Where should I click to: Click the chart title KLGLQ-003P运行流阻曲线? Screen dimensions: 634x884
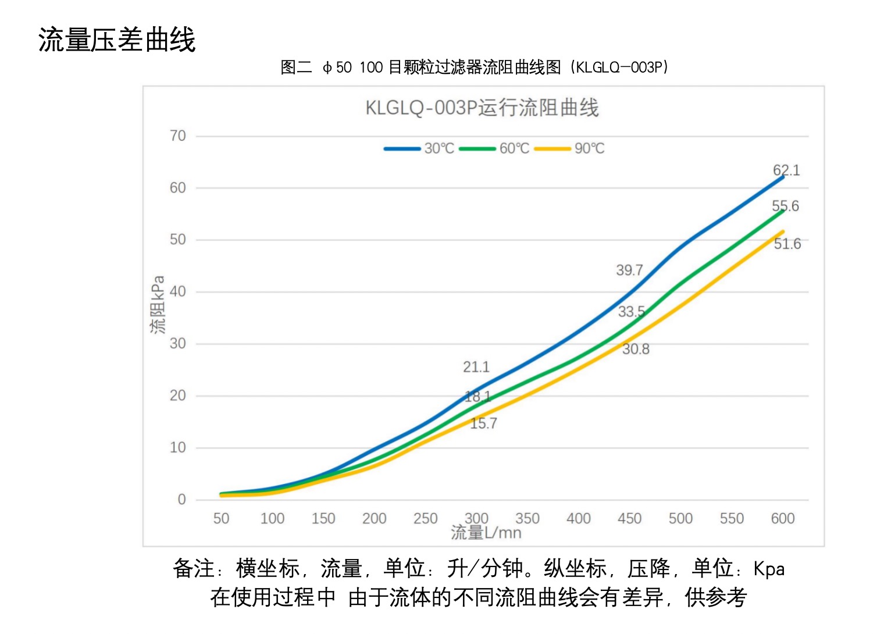click(x=482, y=108)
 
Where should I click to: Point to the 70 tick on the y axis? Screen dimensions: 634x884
click(x=178, y=136)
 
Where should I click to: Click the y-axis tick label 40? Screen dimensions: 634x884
click(x=178, y=291)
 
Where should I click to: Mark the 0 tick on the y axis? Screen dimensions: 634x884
click(x=182, y=500)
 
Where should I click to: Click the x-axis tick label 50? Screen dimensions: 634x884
click(x=221, y=518)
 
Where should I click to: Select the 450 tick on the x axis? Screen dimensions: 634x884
click(x=629, y=518)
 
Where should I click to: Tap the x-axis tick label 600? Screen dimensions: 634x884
click(x=782, y=518)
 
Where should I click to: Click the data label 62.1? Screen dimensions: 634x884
click(x=786, y=170)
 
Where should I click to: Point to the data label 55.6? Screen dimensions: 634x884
click(x=785, y=206)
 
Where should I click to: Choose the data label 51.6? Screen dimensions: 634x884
click(x=787, y=244)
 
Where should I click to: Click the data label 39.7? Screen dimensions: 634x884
click(x=629, y=270)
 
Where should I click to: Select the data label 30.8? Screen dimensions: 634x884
click(x=636, y=349)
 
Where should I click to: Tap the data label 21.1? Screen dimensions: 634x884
click(x=476, y=367)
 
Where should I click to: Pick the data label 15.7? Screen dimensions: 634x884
click(x=483, y=423)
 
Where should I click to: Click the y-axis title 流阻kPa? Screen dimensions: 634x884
click(x=157, y=304)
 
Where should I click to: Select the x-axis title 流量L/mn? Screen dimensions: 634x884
click(x=486, y=532)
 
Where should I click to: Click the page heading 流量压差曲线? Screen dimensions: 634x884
click(x=117, y=40)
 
